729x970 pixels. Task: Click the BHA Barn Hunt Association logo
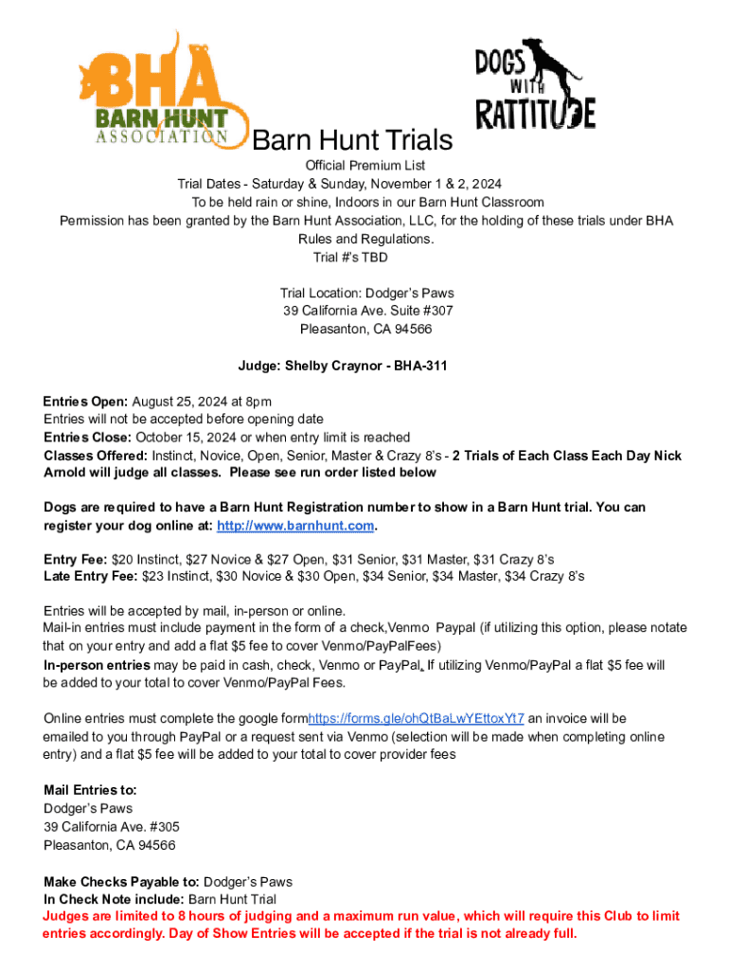coord(161,92)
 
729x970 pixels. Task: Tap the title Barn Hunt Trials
coord(352,141)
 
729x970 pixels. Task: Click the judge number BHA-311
coord(420,365)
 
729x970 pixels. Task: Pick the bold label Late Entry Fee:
coord(91,575)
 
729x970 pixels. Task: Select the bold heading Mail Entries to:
coord(90,790)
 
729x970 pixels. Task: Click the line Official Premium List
coord(364,166)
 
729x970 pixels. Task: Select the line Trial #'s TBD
coord(349,257)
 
